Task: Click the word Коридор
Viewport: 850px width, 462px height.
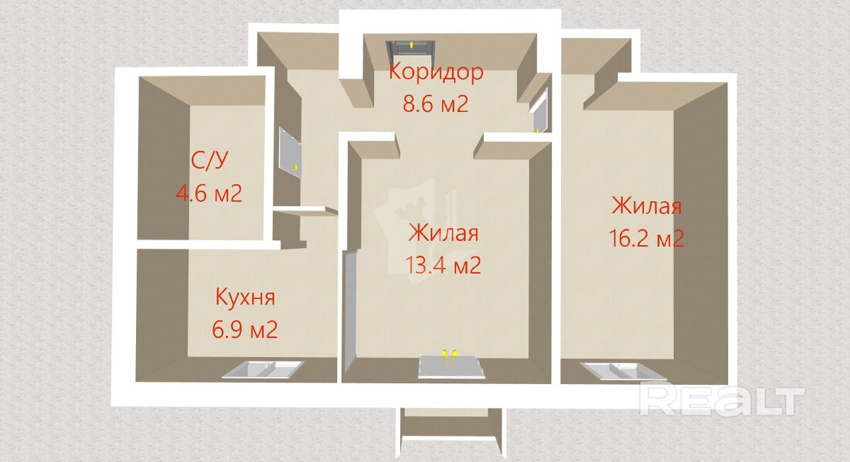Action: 435,72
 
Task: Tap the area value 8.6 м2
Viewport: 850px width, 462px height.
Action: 435,103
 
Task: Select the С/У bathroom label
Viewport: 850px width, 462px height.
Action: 209,160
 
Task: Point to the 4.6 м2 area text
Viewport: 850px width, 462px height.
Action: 209,192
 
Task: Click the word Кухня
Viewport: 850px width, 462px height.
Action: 245,297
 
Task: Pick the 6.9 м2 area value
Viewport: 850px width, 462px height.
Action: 245,329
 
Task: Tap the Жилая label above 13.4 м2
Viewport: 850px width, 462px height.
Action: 444,233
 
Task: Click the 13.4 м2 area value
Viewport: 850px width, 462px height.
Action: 444,266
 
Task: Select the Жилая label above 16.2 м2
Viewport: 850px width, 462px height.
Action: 647,206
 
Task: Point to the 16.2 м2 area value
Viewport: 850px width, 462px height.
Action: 647,239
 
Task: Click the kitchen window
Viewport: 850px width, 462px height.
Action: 263,369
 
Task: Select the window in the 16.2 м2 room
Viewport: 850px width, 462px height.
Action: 624,372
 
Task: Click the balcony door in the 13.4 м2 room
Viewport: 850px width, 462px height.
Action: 450,366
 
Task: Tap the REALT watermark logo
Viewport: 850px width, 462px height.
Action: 722,400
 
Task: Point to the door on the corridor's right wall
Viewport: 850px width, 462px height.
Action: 540,111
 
